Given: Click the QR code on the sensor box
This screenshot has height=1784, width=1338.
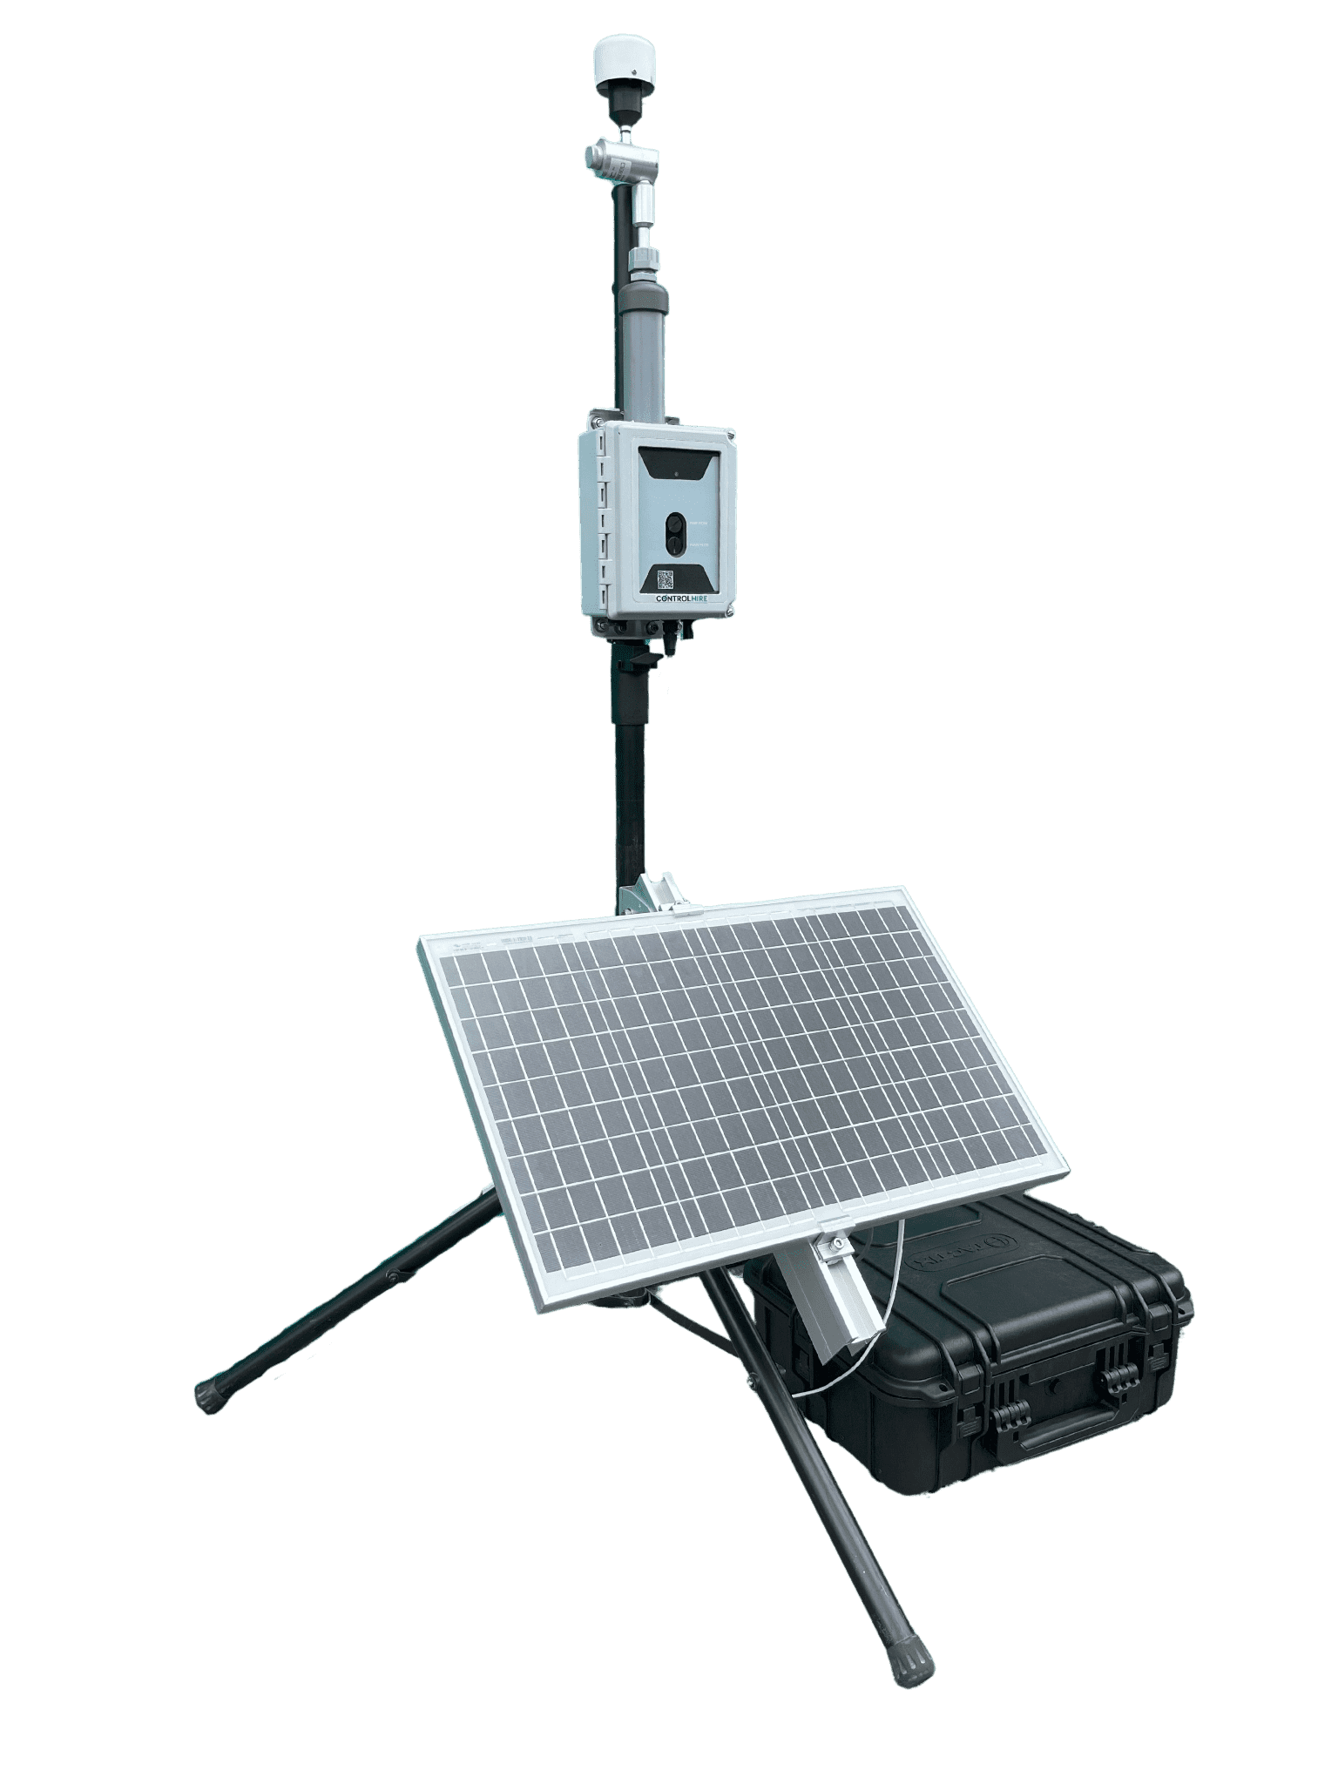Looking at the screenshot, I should click(666, 578).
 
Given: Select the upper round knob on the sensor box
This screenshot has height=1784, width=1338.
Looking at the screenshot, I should click(675, 525).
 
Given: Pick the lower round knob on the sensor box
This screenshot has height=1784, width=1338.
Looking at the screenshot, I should click(676, 546).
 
